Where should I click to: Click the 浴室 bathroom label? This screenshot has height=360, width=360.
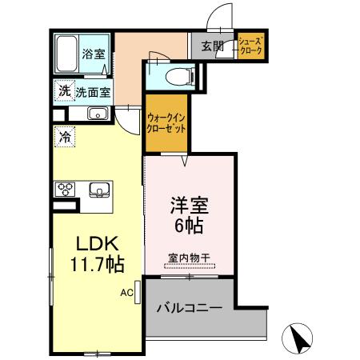point(94,54)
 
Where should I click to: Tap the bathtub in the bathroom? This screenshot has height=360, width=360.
point(67,54)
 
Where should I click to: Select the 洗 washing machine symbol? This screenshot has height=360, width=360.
point(63,91)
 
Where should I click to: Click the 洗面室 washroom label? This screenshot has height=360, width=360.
point(93,91)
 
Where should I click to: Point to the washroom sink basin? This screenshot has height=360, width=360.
point(98,114)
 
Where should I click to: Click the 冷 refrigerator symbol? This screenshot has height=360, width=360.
point(64,137)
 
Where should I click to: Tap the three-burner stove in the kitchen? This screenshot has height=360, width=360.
point(65,190)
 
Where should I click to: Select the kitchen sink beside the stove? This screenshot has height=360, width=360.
point(99,190)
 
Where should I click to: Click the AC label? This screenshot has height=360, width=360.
point(126,293)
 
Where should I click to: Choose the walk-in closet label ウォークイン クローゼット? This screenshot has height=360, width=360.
point(166,122)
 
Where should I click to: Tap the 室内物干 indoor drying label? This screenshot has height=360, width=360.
point(189,258)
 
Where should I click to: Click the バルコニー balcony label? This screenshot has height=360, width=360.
point(189,306)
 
